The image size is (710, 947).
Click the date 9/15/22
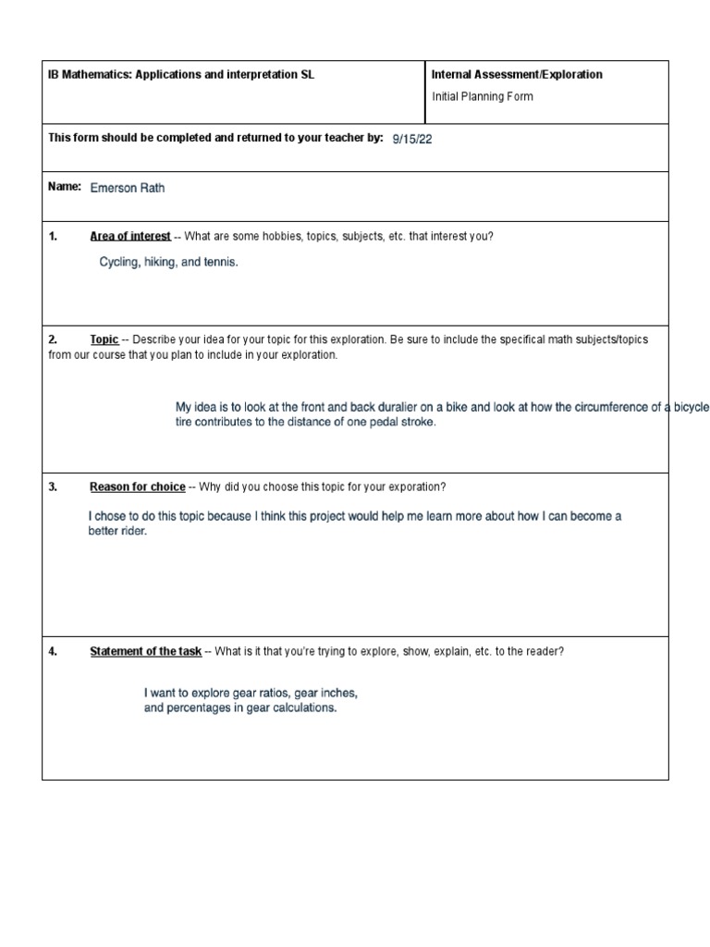pos(412,139)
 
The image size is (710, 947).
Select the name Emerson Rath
pos(128,189)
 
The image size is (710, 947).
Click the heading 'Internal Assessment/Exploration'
pos(517,75)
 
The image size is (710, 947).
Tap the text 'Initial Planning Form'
pos(483,96)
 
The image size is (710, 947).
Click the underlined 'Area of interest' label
pos(130,237)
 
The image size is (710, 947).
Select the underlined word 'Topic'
pos(104,340)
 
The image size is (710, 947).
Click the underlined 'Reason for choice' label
pos(138,487)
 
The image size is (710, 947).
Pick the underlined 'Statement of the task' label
pos(145,652)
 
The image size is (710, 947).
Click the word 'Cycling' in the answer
pos(119,263)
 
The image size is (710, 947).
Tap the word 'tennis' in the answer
pos(217,263)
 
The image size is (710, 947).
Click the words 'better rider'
pos(117,532)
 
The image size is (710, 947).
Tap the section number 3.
pos(53,487)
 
